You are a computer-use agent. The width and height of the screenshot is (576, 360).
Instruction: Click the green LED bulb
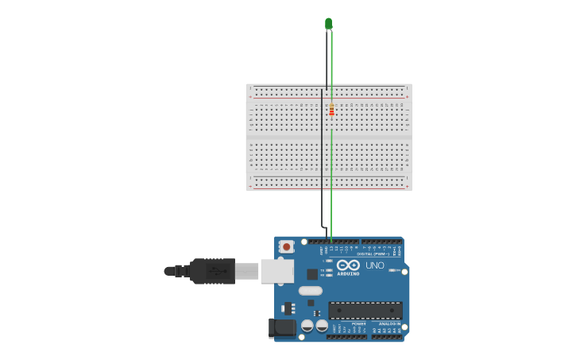pos(328,23)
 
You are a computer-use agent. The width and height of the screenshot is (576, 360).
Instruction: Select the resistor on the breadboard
pos(331,110)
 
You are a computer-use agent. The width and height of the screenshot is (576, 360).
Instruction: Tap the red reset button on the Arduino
pos(287,246)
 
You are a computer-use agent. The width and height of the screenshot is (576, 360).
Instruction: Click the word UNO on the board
pos(375,265)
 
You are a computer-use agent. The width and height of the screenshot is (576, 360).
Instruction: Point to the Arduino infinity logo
pos(348,265)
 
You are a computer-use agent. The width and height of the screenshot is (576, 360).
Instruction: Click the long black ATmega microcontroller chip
pos(365,310)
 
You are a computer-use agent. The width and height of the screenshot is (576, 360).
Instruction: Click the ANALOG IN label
pos(388,323)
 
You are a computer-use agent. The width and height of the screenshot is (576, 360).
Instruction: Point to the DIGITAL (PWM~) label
pos(372,254)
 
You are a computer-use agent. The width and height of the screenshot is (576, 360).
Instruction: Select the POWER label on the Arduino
pos(359,323)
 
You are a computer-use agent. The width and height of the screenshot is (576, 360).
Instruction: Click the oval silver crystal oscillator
pos(311,290)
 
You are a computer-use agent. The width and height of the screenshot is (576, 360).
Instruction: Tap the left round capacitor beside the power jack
pos(307,326)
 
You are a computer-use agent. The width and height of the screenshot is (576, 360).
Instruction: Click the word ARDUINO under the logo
pos(348,273)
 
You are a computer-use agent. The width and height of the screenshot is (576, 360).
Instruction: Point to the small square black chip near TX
pos(313,274)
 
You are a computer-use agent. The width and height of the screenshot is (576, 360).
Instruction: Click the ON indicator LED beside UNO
pos(393,270)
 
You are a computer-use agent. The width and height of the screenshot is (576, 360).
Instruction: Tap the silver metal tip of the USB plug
pos(247,271)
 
